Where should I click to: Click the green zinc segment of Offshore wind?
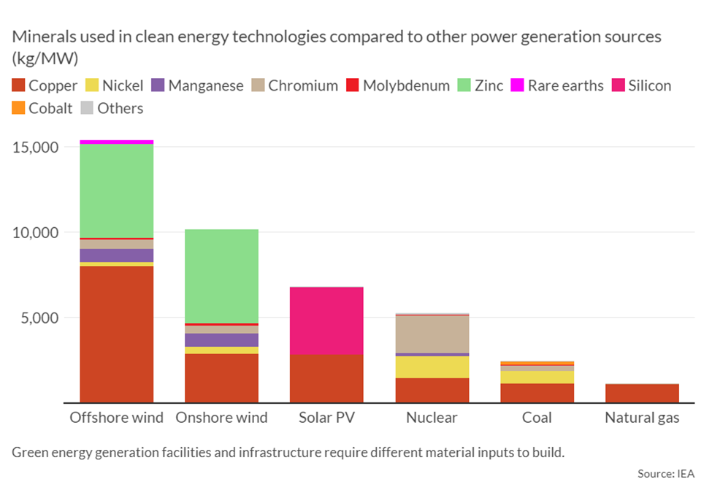tap(116, 191)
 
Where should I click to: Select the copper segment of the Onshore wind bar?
tap(221, 378)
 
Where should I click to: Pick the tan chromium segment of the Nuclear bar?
tap(432, 334)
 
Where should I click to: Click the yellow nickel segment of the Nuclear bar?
tap(432, 367)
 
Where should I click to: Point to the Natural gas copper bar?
tap(642, 393)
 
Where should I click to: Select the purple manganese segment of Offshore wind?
tap(116, 255)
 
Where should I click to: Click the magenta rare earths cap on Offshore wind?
tap(116, 142)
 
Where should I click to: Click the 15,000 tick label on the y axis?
tap(36, 147)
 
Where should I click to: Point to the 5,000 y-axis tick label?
tap(39, 318)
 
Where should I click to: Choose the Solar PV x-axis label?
tap(326, 418)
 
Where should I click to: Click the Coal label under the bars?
tap(537, 418)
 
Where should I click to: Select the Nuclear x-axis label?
tap(432, 418)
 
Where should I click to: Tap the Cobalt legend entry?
tap(43, 108)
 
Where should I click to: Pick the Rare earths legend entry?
tap(557, 85)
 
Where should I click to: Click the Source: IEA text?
tap(665, 474)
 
